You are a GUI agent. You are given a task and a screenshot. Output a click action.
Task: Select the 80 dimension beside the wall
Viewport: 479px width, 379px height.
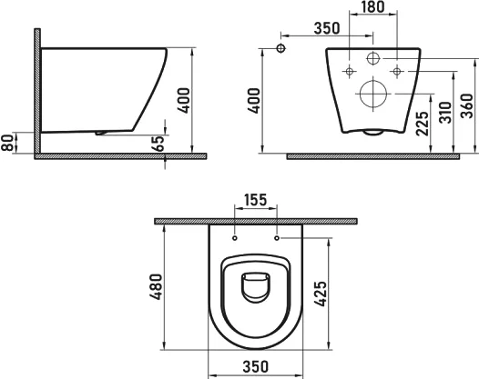tap(8, 143)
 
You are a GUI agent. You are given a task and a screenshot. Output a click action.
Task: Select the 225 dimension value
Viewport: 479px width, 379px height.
tap(421, 123)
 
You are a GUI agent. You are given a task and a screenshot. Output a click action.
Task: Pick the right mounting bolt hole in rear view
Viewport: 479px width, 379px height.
tap(397, 70)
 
